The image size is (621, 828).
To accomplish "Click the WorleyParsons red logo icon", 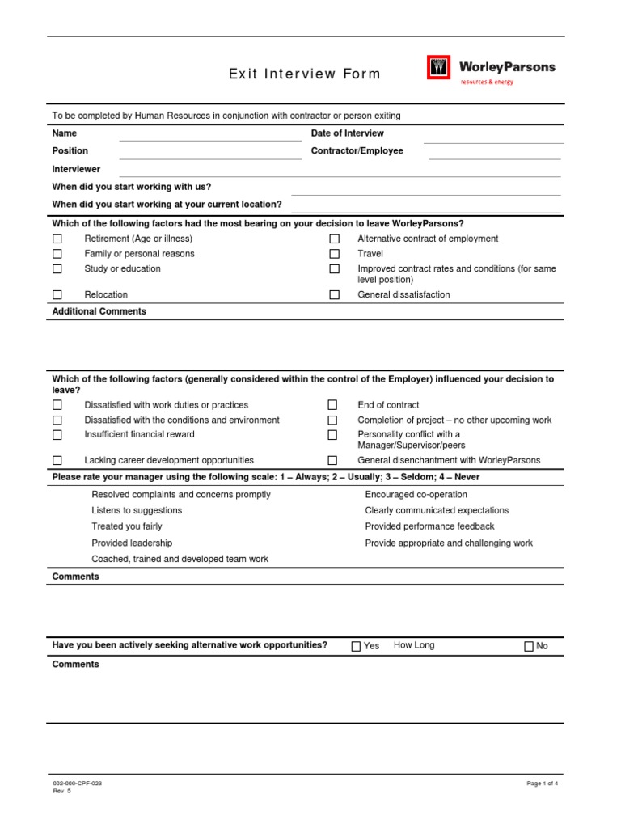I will pos(438,68).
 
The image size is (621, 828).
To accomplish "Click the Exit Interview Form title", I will pos(304,74).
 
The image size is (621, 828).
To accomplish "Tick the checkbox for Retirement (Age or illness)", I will pos(57,239).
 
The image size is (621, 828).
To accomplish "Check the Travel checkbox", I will pos(334,254).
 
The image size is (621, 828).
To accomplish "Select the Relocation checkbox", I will pos(57,295).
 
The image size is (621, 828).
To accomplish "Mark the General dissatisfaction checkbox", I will pos(334,295).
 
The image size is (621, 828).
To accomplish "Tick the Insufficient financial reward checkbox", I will pos(57,435).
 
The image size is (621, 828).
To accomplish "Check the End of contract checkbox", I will pos(332,405).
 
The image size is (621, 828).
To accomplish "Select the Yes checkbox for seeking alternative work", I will pos(356,646).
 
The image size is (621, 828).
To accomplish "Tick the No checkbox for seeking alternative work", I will pos(529,646).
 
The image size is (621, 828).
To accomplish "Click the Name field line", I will pos(209,138).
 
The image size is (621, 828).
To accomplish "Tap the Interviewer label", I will pos(76,170).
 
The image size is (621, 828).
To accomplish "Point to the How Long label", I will pos(414,645).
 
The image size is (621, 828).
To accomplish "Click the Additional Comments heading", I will pos(99,311).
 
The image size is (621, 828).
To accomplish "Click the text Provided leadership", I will pos(132,543).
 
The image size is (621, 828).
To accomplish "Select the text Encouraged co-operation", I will pos(416,495).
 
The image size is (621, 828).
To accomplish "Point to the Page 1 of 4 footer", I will pos(542,784).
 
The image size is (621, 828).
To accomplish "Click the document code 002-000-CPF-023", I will pos(78,784).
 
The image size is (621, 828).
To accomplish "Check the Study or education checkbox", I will pos(57,269).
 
